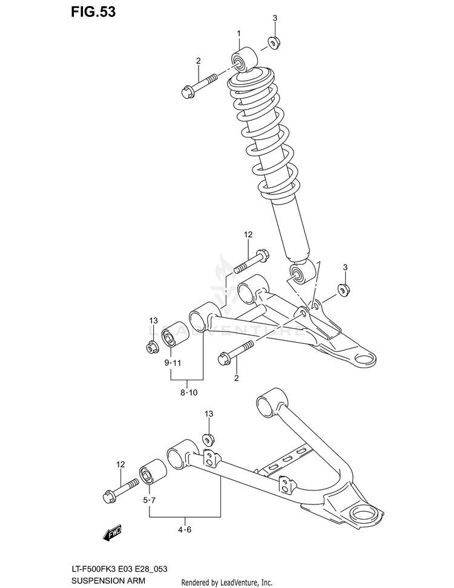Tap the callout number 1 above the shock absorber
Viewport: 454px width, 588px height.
coord(239,33)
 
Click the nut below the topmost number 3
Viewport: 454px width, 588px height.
coord(273,43)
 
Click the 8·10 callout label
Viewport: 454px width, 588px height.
coord(188,393)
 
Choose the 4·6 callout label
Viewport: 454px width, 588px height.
coord(184,530)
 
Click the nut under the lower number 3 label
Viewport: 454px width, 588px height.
coord(343,289)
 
